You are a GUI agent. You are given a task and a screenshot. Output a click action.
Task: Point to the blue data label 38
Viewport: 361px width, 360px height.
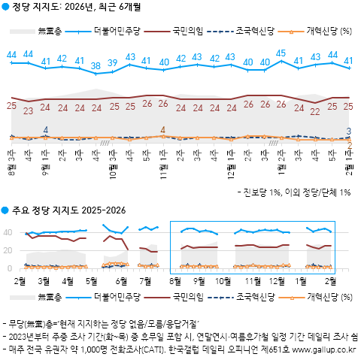click(x=96, y=66)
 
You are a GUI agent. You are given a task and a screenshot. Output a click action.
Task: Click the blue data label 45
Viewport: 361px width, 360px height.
click(x=281, y=53)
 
